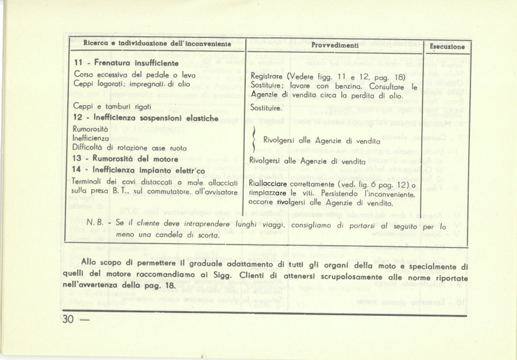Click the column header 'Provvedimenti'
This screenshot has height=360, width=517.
point(335,44)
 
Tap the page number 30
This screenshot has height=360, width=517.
point(69,320)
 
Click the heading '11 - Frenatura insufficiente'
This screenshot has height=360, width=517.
point(126,63)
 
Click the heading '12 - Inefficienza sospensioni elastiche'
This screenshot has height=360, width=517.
point(146,118)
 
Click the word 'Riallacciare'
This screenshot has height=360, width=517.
point(269,184)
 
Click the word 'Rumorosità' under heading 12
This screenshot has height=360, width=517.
point(91,129)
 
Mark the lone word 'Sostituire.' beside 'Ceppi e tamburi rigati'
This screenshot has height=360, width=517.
point(266,108)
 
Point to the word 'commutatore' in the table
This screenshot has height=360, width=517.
point(162,193)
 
